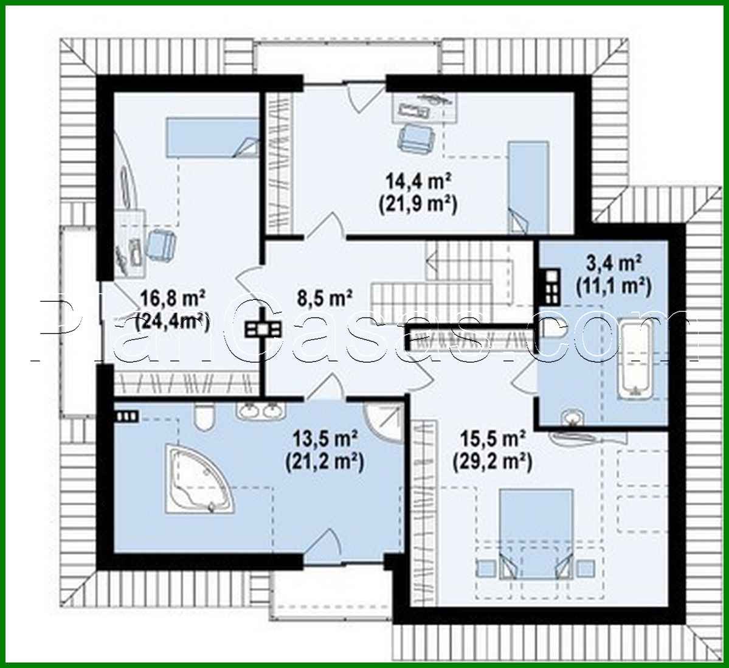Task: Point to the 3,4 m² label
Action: pyautogui.click(x=613, y=264)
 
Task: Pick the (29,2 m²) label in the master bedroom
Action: pyautogui.click(x=492, y=462)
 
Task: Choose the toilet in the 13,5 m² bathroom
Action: pyautogui.click(x=204, y=417)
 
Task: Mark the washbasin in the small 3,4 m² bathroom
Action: pyautogui.click(x=572, y=417)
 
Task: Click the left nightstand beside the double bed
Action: pyautogui.click(x=486, y=568)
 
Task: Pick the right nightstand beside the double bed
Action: pyautogui.click(x=586, y=568)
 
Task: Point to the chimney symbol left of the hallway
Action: pyautogui.click(x=263, y=329)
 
